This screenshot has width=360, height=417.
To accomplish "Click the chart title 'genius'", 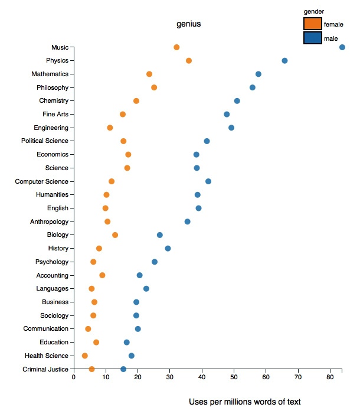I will click(189, 24).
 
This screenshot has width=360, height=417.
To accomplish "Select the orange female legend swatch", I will click(313, 24).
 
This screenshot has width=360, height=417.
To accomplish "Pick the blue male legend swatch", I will click(313, 38).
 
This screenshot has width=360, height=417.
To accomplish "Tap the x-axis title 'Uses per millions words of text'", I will click(245, 402).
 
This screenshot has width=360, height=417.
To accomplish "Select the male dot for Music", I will click(342, 47).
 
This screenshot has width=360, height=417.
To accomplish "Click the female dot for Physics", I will click(189, 61).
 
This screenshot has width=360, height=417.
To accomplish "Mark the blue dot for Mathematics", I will click(258, 74).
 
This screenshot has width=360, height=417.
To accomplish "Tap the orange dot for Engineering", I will click(110, 128).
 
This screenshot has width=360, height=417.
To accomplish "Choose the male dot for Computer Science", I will click(208, 181).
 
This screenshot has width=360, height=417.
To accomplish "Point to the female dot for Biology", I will click(115, 235).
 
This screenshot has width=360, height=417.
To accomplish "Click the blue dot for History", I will click(168, 249).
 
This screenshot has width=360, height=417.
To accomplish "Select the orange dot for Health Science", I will click(84, 356).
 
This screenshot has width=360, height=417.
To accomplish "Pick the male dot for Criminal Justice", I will click(123, 369).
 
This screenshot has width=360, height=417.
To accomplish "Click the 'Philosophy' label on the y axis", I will click(53, 87).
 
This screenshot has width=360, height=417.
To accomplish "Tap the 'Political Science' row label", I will click(45, 141).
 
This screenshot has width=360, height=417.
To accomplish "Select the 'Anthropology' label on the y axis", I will click(49, 221).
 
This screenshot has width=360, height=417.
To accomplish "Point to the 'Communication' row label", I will click(46, 328).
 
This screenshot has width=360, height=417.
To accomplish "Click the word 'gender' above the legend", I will click(313, 11).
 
